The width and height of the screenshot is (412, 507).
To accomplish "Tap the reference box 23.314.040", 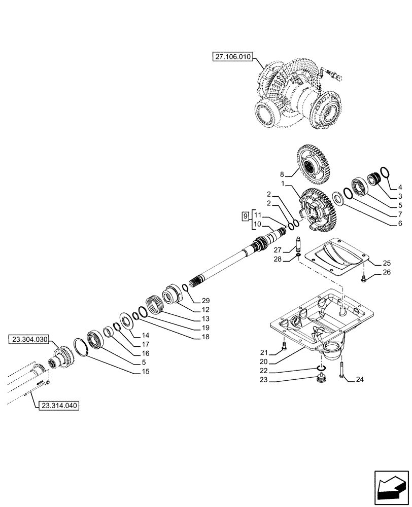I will click(58, 405).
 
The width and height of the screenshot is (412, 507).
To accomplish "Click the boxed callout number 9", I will click(245, 216).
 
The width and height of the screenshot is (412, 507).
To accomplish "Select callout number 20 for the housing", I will click(263, 361).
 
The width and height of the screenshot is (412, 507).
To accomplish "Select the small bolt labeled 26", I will click(364, 278).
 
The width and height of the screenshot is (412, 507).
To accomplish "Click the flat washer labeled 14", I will click(124, 321).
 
